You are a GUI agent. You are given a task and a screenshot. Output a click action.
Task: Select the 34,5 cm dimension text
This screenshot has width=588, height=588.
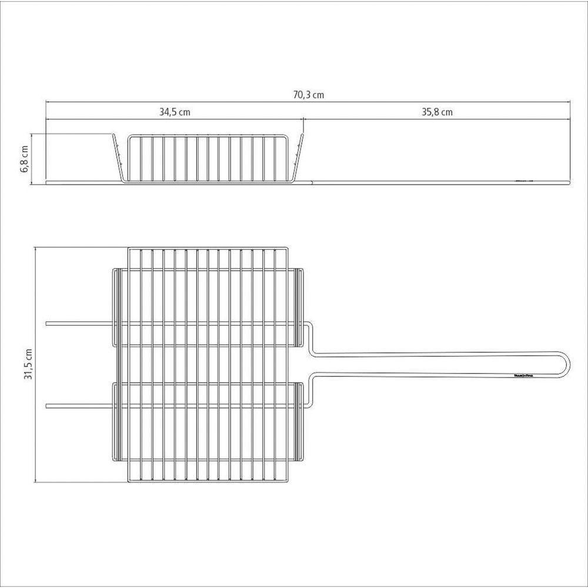click(x=175, y=112)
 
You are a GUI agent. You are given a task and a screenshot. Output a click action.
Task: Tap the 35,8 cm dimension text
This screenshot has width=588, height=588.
click(x=437, y=112)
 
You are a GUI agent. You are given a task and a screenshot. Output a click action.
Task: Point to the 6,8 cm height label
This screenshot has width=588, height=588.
click(x=25, y=159)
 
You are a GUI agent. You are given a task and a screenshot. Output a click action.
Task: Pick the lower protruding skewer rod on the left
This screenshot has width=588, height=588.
click(x=76, y=405)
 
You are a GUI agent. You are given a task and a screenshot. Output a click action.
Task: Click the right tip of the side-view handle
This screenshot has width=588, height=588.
click(x=569, y=182)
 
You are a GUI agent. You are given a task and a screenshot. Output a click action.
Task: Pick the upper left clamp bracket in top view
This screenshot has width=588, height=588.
click(x=115, y=306)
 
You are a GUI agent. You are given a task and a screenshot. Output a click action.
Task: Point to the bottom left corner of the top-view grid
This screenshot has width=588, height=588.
click(x=129, y=483)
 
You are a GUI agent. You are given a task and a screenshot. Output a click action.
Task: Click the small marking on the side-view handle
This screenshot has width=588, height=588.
click(x=522, y=181)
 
